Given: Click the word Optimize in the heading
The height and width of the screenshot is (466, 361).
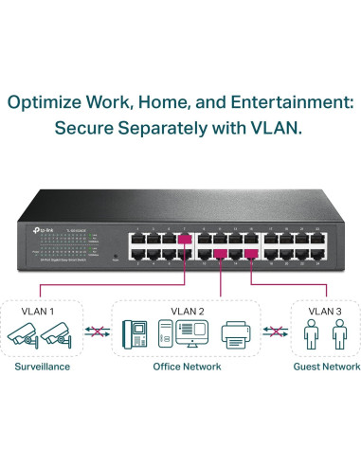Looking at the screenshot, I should pyautogui.click(x=58, y=99).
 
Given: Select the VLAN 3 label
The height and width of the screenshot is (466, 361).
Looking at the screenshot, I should pyautogui.click(x=317, y=309).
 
